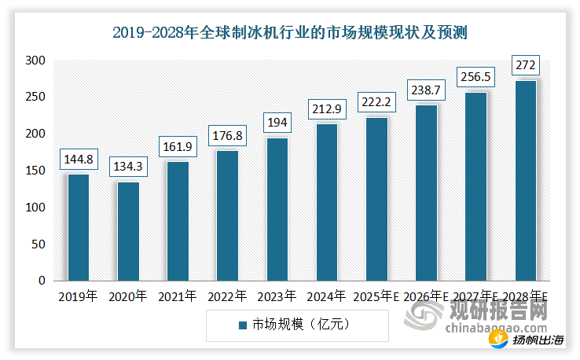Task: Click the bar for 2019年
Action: (78, 227)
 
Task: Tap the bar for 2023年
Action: (277, 209)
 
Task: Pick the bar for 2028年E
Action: (525, 180)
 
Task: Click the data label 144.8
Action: (78, 160)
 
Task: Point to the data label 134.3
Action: (127, 167)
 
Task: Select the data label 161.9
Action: (178, 147)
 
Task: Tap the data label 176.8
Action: (227, 136)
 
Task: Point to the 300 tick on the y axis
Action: (36, 61)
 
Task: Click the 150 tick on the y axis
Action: (36, 171)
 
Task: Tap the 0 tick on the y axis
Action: (42, 281)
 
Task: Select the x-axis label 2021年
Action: (178, 296)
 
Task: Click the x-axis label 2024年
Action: (327, 296)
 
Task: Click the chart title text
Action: (289, 32)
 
